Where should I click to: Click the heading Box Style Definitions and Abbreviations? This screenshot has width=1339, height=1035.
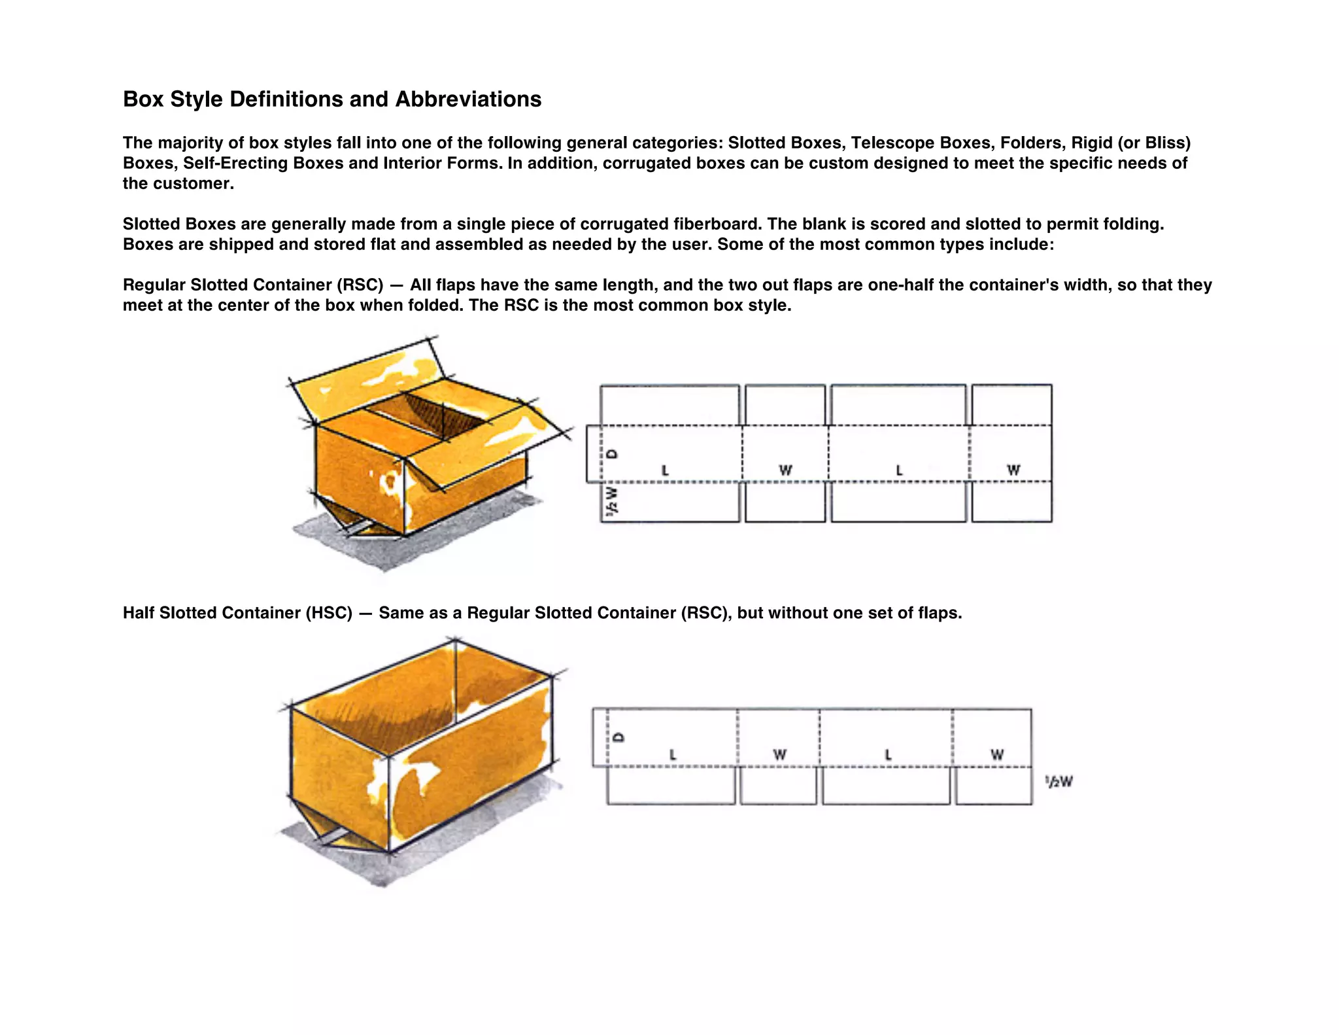tap(332, 99)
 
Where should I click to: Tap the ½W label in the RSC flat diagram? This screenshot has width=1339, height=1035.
tap(611, 500)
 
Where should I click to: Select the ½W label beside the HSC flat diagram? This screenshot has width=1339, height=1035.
tap(1059, 781)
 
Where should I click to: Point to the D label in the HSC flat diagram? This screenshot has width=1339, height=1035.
tap(619, 737)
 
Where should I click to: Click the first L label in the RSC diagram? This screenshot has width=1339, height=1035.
tap(665, 470)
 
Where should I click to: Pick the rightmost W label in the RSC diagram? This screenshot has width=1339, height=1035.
tap(1013, 470)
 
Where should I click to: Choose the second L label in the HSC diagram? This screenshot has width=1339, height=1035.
tap(888, 755)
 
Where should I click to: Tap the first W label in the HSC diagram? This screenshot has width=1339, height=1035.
tap(779, 755)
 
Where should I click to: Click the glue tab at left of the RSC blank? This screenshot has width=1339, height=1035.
tap(593, 453)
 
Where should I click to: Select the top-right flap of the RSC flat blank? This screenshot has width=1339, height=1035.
tap(1011, 404)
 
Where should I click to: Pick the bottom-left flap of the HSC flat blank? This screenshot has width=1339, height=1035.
tap(671, 786)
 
